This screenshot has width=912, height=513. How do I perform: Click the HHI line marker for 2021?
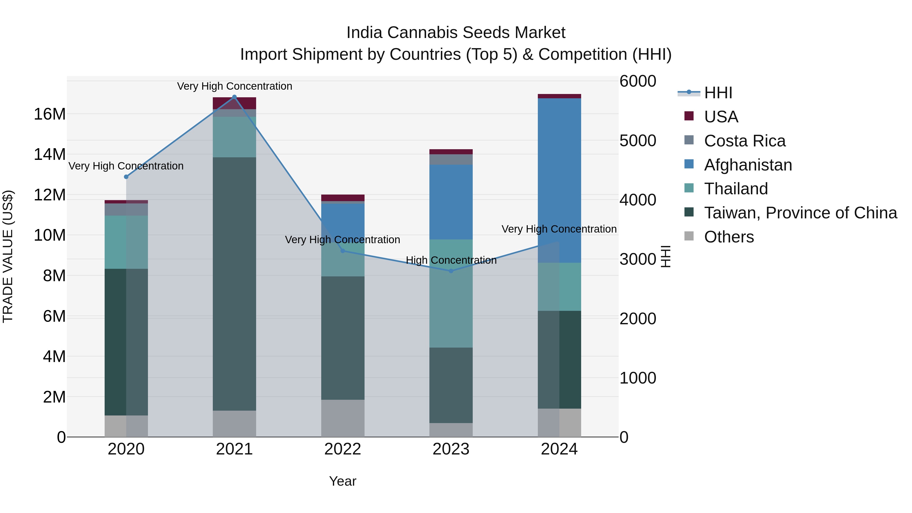point(234,97)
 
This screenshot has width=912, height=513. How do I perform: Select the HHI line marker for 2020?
point(126,177)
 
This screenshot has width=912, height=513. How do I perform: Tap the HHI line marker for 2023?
point(451,271)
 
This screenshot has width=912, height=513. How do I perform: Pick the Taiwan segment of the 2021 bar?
point(234,283)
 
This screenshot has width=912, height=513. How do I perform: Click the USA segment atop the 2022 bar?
point(343,198)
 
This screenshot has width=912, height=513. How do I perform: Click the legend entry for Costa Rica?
point(745,141)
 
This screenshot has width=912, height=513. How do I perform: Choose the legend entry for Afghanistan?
point(748,165)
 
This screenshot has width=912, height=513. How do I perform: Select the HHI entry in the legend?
point(718,93)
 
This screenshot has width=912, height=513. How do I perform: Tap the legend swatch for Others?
point(689,236)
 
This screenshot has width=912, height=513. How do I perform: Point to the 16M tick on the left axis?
point(50,114)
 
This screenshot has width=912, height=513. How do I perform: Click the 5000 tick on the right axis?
point(638,141)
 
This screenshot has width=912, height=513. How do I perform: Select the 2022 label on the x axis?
point(343,449)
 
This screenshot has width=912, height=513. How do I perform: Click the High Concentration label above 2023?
point(451,260)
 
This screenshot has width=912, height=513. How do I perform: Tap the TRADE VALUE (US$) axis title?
point(8,256)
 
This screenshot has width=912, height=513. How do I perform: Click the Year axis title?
point(343,481)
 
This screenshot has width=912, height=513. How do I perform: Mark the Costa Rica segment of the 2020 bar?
point(126,209)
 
